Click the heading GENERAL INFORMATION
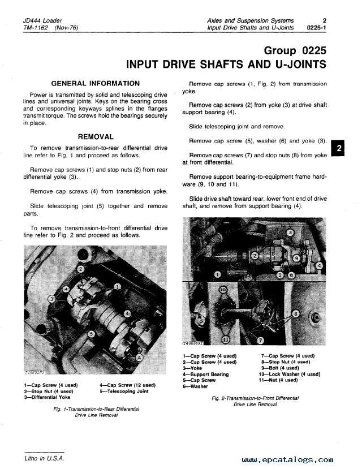96,83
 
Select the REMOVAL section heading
96,136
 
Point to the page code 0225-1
316,28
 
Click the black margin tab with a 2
339,149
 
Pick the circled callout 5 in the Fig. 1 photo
91,334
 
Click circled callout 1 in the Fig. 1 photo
117,287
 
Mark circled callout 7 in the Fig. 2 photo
260,340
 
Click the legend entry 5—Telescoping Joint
124,391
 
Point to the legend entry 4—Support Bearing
205,374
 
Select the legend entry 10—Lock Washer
289,374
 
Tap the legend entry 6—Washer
195,386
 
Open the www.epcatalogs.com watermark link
287,461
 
